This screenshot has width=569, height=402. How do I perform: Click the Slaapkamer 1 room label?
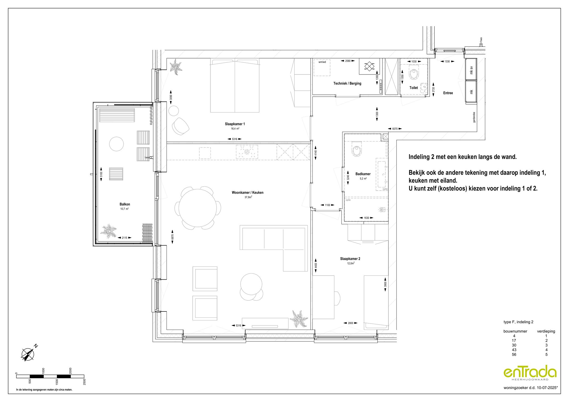point(235,124)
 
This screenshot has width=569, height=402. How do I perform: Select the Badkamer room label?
point(363,174)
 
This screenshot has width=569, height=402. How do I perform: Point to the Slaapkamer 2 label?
point(350,259)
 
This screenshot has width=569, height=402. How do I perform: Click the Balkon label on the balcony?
point(125,204)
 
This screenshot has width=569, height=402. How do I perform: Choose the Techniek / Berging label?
point(347,83)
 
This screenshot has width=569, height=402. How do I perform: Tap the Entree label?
point(448,93)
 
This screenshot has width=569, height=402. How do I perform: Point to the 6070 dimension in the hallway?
point(395,129)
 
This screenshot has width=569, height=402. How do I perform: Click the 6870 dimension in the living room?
point(173,237)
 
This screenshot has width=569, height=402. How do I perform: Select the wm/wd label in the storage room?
point(322,62)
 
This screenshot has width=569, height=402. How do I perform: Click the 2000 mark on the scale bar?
point(70,371)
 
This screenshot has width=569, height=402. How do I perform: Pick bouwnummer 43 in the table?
point(514,350)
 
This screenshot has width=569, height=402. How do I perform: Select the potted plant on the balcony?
point(108,231)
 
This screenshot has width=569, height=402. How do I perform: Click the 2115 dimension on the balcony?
point(124,238)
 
